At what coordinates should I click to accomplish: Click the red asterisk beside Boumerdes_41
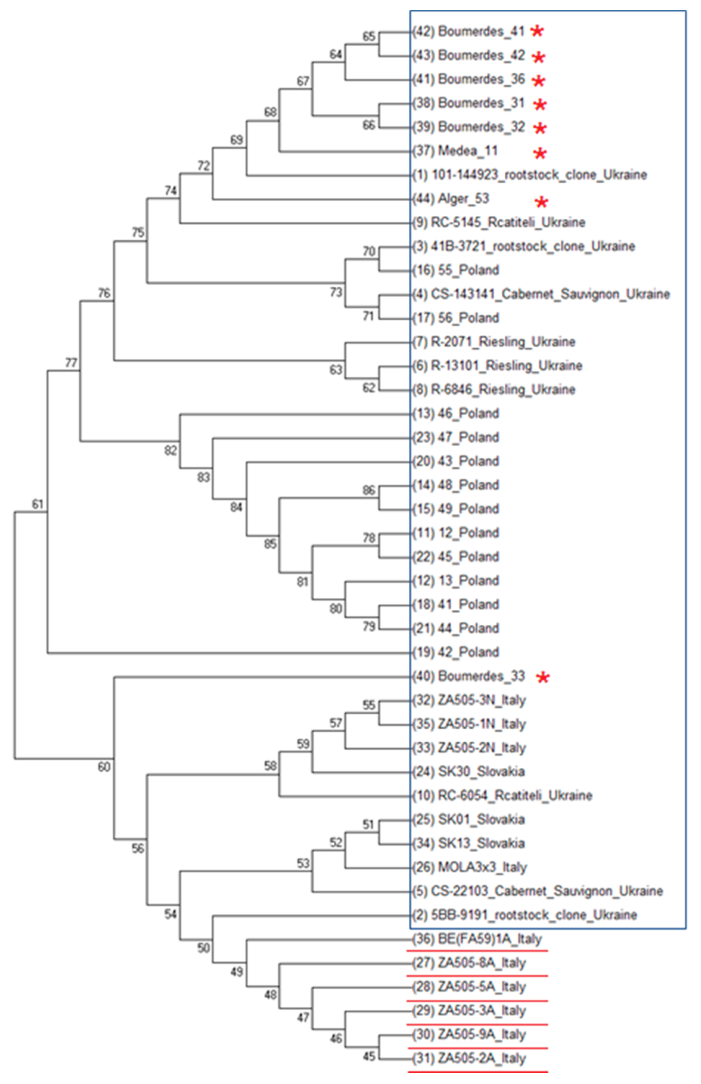(x=537, y=31)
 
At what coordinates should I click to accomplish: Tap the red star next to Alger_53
(x=541, y=202)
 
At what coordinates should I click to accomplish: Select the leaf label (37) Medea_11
(x=455, y=151)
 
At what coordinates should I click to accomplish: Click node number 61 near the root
(x=37, y=504)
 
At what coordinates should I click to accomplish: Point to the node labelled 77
(x=71, y=362)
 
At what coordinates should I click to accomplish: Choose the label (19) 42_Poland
(x=455, y=652)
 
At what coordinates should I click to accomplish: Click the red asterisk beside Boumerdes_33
(x=543, y=677)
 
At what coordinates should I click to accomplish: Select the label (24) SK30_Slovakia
(x=468, y=772)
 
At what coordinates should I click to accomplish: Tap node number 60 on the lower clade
(x=104, y=767)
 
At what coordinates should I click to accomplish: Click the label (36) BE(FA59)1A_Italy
(x=477, y=939)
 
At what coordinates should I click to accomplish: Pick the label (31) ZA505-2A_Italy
(x=469, y=1058)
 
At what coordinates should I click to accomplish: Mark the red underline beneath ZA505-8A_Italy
(x=477, y=975)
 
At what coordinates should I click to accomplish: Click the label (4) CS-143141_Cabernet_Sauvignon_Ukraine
(x=541, y=294)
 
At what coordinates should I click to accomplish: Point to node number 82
(x=171, y=450)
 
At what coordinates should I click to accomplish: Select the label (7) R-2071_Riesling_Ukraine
(x=494, y=342)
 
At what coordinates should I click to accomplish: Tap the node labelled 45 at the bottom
(x=369, y=1056)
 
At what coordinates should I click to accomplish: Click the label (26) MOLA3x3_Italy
(x=469, y=867)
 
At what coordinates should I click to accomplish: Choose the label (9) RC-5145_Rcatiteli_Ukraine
(x=499, y=222)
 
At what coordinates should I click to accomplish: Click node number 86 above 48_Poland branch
(x=369, y=490)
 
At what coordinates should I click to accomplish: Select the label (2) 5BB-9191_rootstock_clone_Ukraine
(x=524, y=915)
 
